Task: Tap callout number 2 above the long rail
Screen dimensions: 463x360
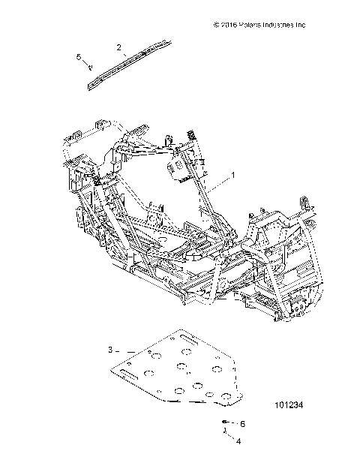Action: pos(118,47)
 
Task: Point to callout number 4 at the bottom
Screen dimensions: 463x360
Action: pos(238,441)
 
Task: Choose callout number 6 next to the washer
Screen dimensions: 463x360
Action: pos(241,424)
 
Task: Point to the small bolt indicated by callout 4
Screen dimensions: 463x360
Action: pos(225,431)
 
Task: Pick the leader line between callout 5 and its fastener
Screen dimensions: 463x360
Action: pos(85,62)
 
